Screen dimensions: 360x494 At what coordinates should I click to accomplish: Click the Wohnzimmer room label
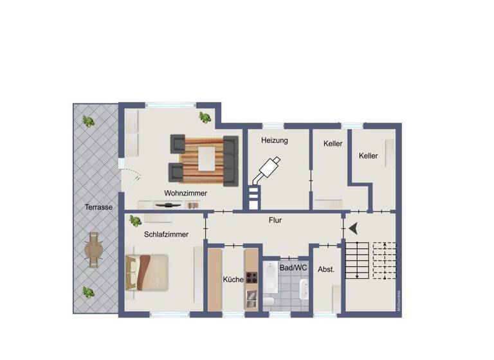185,192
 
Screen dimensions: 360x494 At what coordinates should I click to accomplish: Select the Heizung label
274,140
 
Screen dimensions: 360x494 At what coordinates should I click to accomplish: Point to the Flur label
275,220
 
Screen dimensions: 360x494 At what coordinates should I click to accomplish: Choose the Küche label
233,279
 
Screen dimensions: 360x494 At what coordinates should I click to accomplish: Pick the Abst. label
326,269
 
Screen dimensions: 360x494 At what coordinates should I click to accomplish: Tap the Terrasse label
99,207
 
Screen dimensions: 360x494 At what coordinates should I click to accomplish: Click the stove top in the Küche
252,278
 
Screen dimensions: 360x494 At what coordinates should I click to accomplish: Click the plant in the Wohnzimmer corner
205,116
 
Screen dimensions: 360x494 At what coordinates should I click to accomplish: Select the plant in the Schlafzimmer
135,221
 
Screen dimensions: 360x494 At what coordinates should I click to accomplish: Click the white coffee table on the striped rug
206,158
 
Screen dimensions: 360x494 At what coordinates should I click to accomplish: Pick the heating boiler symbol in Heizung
266,169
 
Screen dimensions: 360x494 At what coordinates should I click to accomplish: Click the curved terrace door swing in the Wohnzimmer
133,175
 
